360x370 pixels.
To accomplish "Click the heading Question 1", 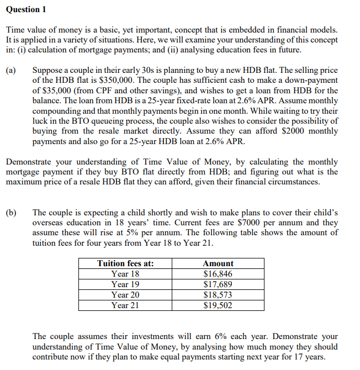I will (x=23, y=9).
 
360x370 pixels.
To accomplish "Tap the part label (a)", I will (x=11, y=71).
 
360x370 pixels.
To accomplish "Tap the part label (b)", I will (x=11, y=213).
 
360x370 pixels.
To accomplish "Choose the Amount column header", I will (x=218, y=263).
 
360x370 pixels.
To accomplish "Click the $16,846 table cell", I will (x=218, y=274).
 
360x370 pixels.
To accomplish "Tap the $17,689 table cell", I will (x=218, y=284).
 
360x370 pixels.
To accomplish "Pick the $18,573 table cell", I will (x=218, y=295).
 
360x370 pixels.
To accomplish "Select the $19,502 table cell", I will (x=218, y=305).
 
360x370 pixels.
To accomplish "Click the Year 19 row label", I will (x=125, y=284).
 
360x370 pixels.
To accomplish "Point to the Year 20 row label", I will (x=125, y=295).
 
